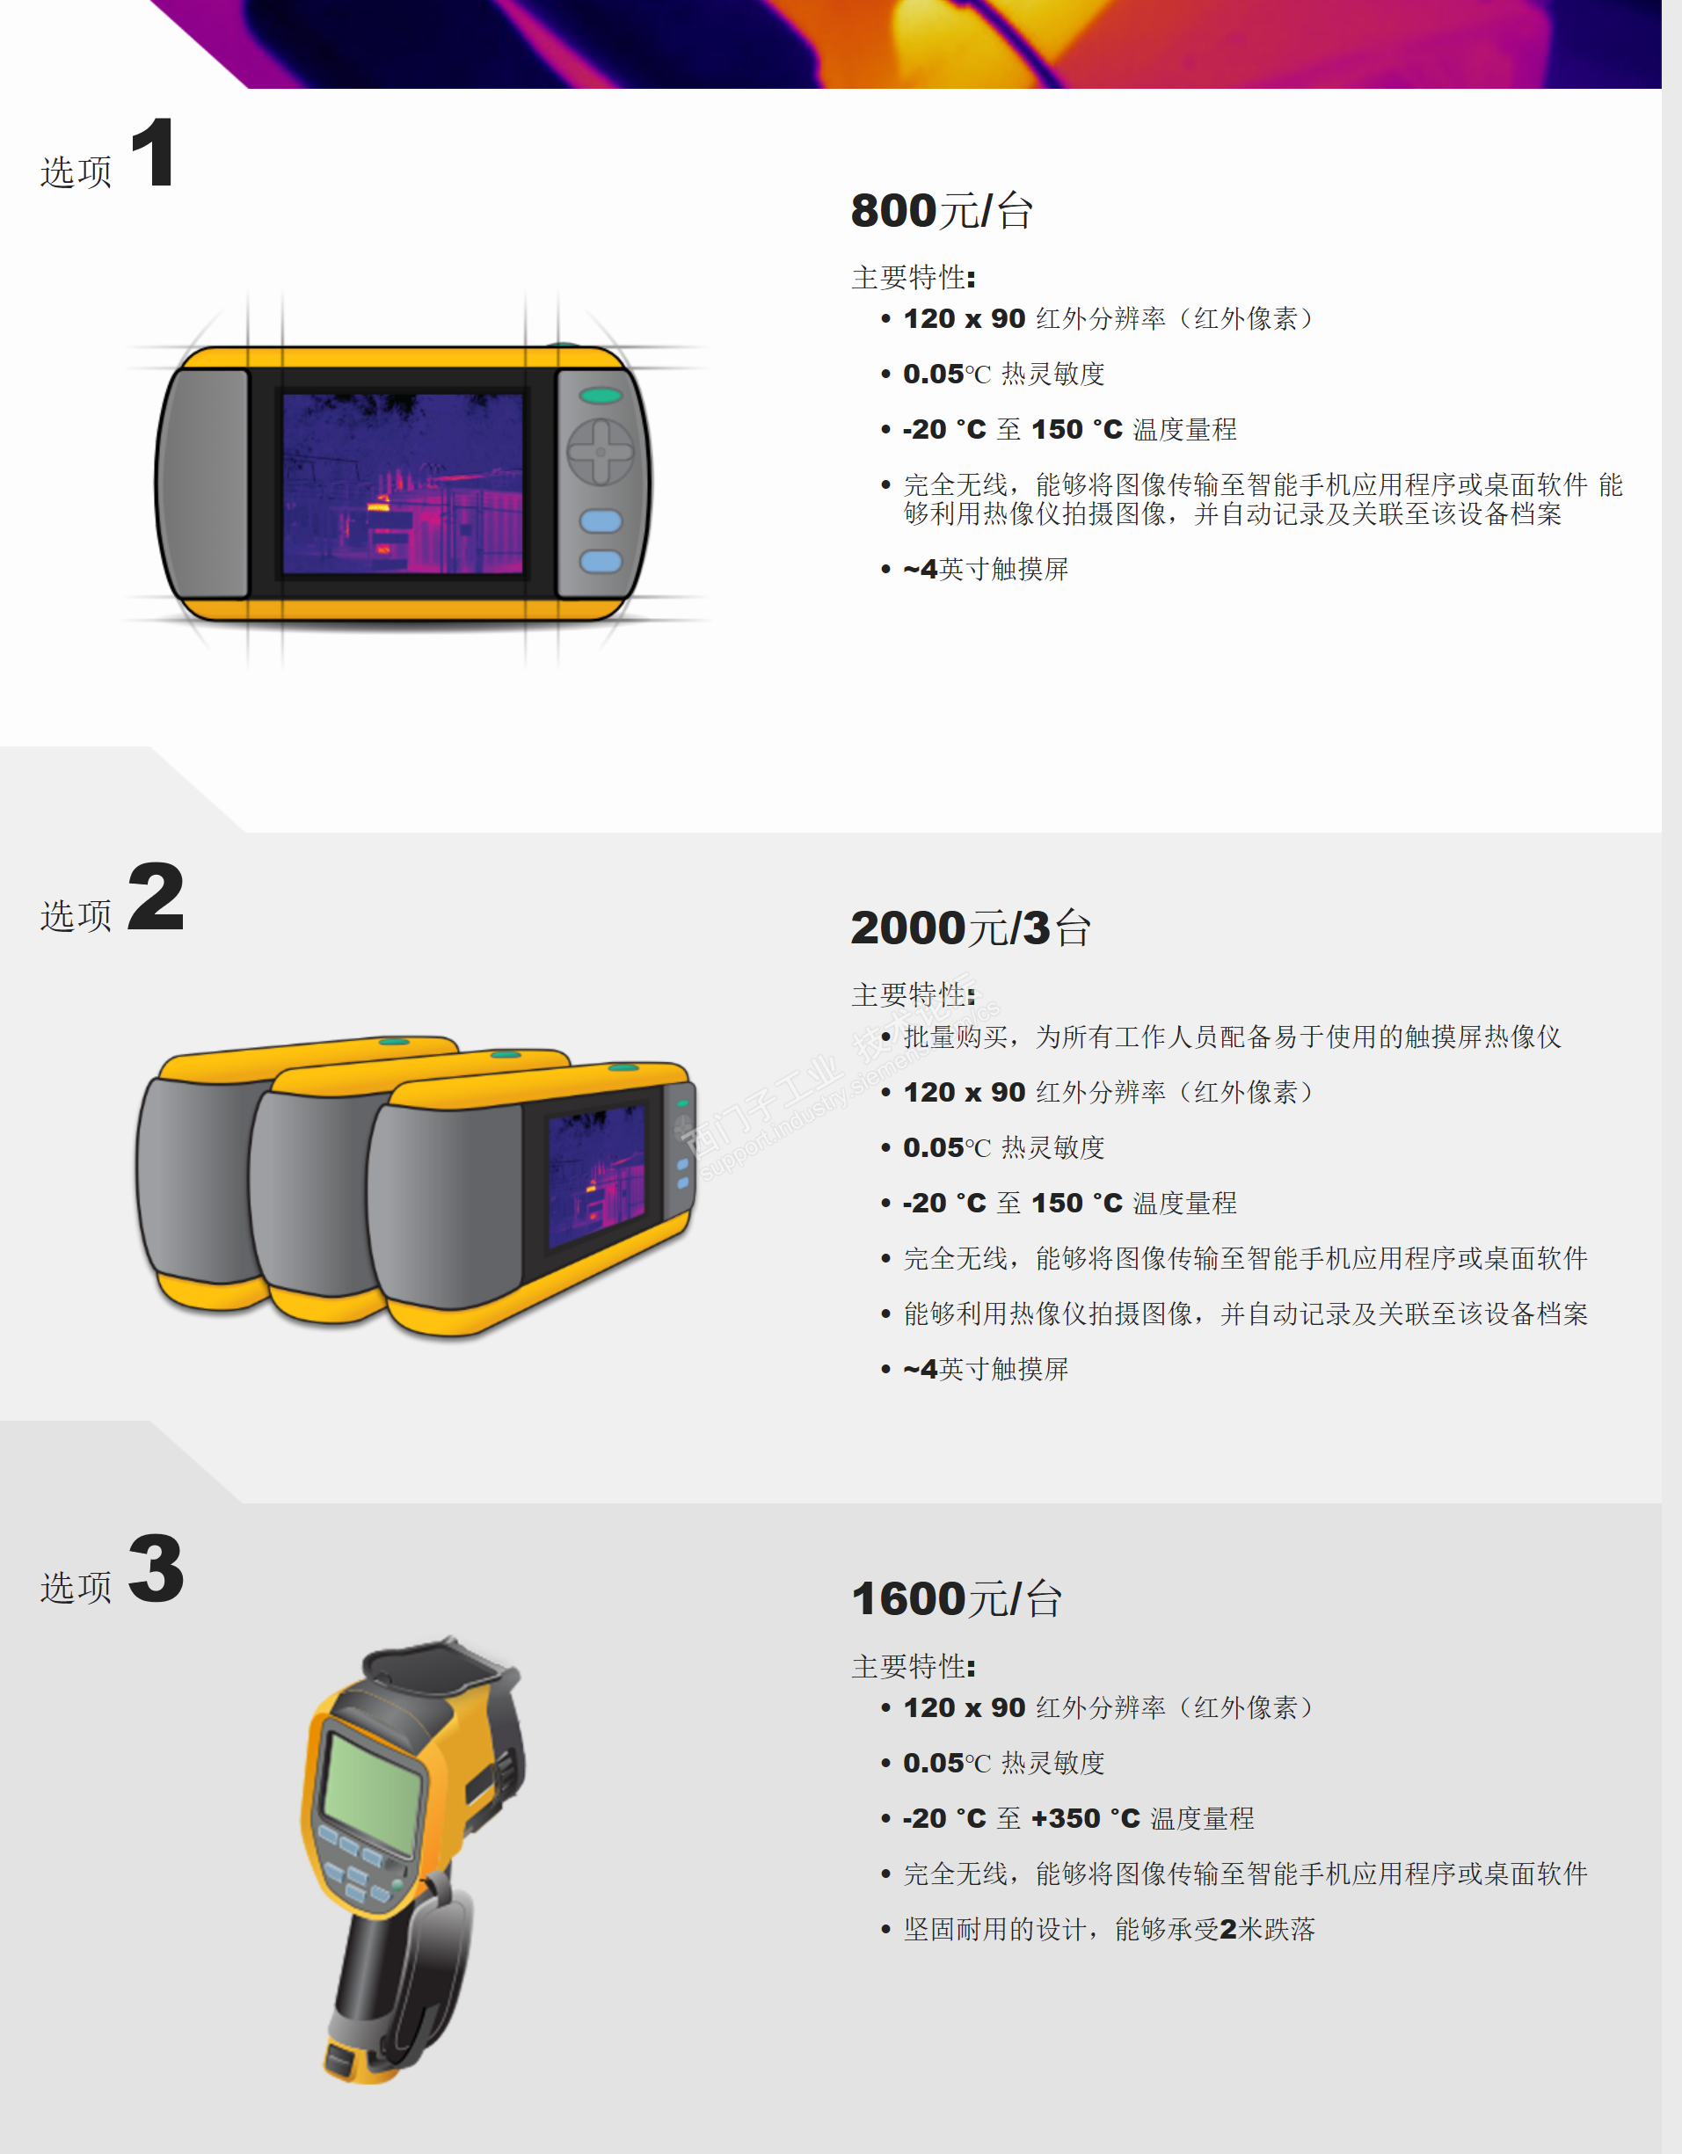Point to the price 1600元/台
[956, 1598]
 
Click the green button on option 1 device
[601, 396]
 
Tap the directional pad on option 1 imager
[600, 452]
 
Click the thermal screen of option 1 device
[403, 484]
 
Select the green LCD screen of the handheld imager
[370, 1792]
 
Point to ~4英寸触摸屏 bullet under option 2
[986, 1369]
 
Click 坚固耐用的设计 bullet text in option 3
[996, 1929]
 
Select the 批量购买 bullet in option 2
[1232, 1037]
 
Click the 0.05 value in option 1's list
[933, 374]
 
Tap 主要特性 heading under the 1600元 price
[913, 1667]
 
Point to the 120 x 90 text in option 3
[964, 1707]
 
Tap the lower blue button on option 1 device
[601, 561]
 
